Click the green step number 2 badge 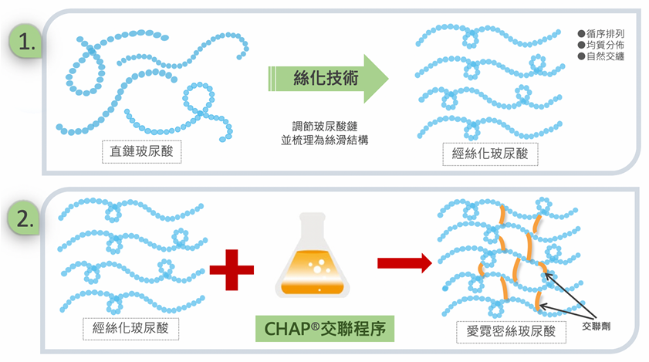click(x=26, y=218)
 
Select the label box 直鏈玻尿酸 click(x=144, y=152)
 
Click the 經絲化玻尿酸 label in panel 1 click(x=489, y=152)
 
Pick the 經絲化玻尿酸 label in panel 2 click(x=129, y=326)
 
